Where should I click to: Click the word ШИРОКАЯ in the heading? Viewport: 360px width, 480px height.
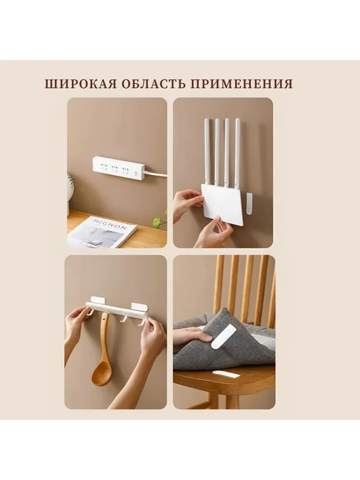pyautogui.click(x=81, y=84)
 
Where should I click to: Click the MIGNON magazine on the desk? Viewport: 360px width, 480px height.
pyautogui.click(x=102, y=231)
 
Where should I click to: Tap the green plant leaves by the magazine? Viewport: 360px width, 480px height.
pyautogui.click(x=160, y=219)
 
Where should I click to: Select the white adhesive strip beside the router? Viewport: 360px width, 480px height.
pyautogui.click(x=250, y=203)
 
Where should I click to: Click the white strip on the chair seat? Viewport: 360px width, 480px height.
pyautogui.click(x=226, y=374)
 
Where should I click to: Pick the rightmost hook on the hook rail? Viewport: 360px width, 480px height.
pyautogui.click(x=142, y=321)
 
